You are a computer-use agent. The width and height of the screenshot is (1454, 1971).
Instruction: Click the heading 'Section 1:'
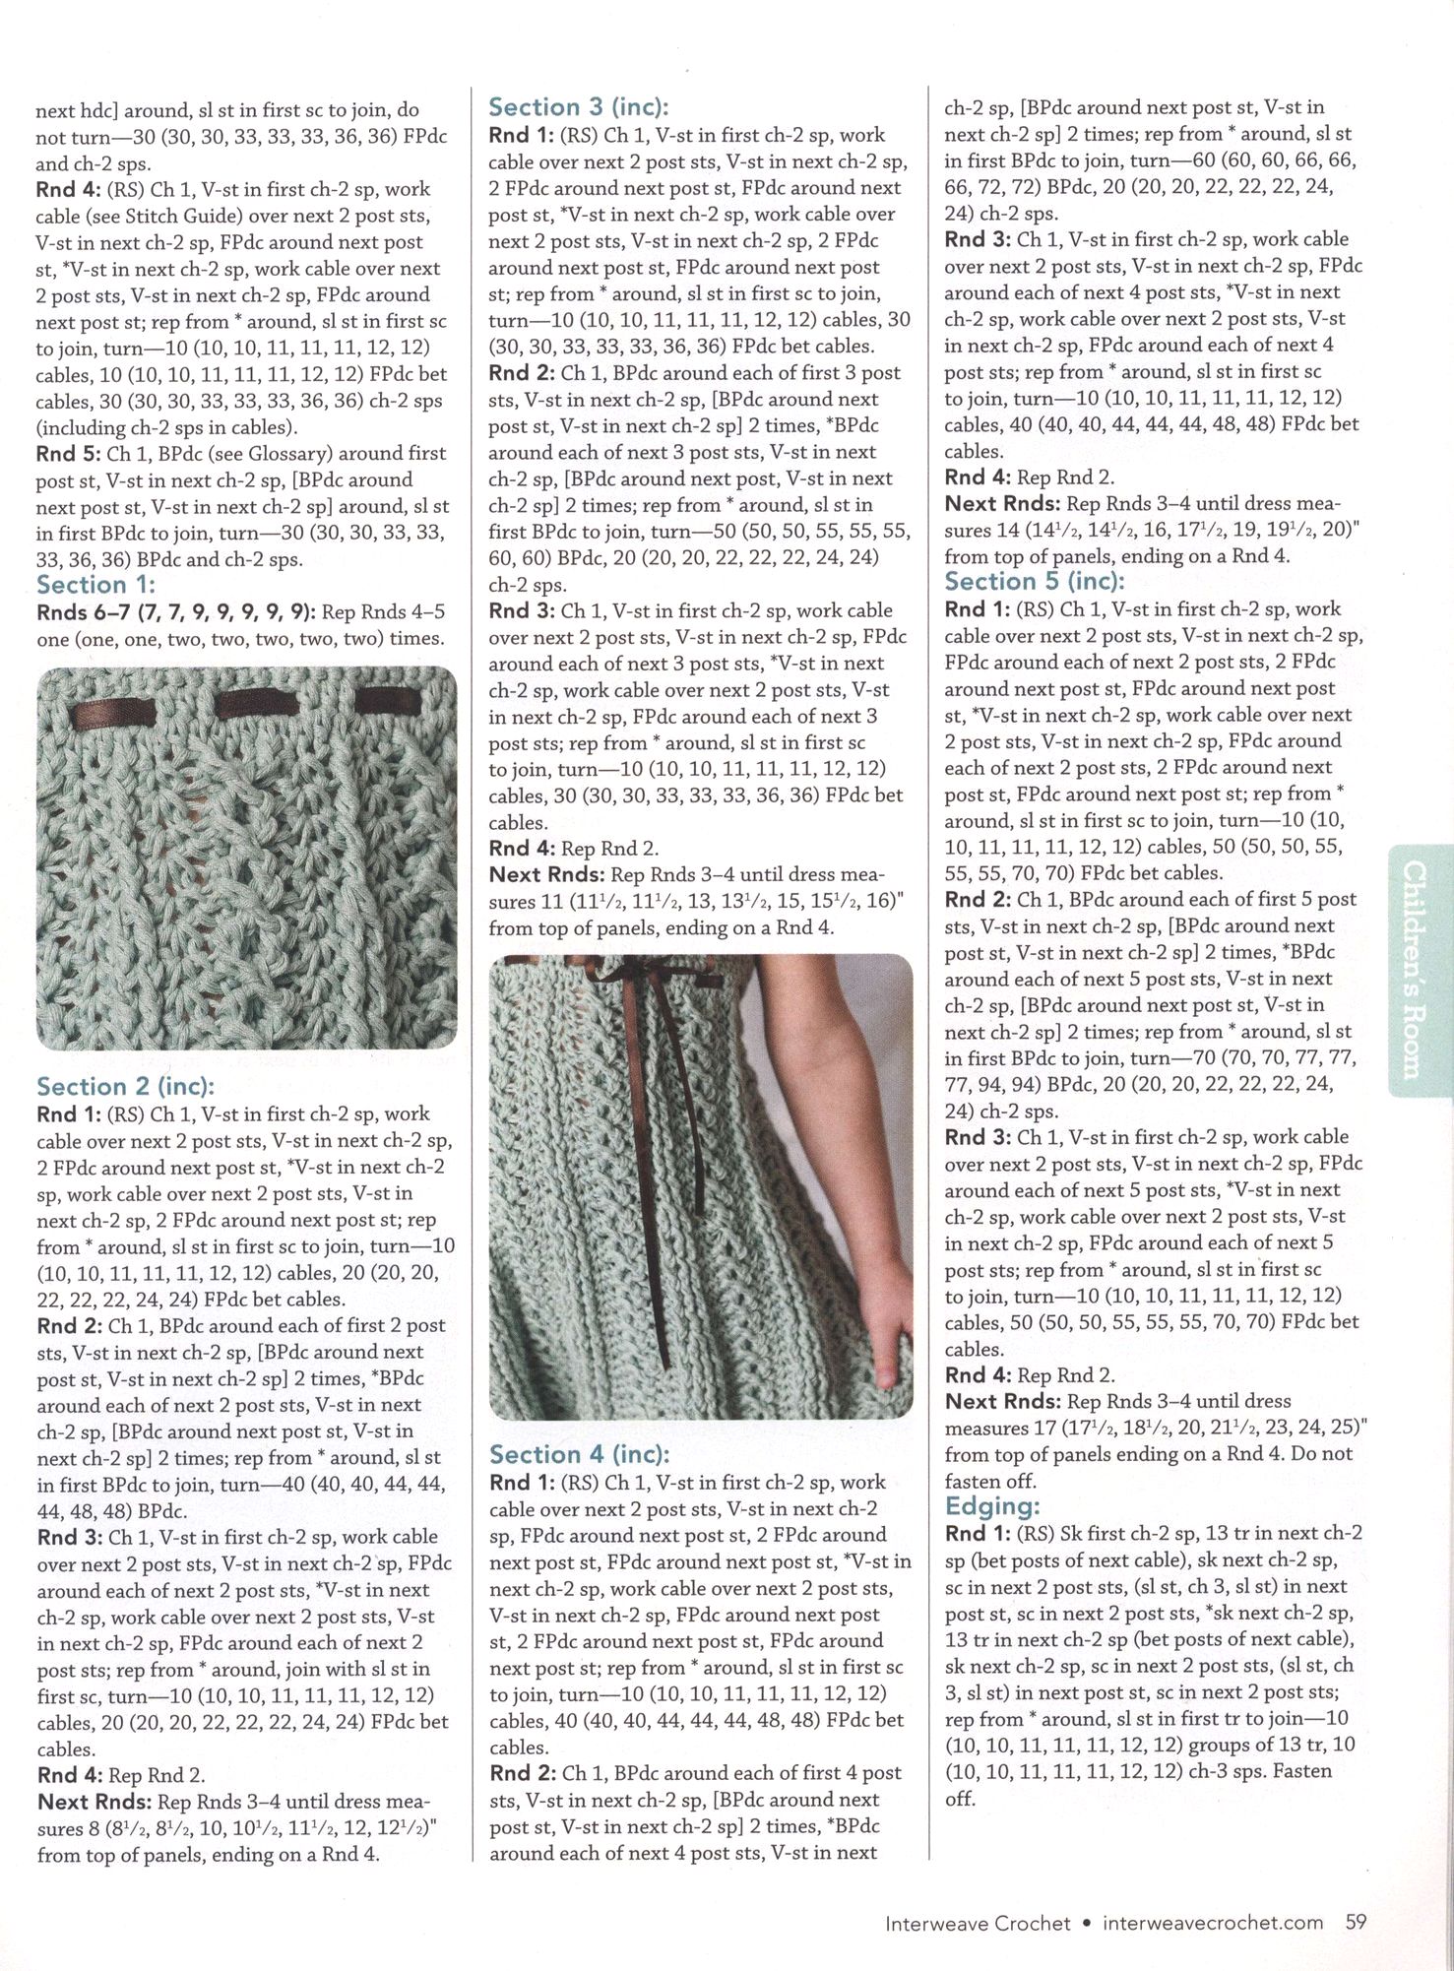[95, 585]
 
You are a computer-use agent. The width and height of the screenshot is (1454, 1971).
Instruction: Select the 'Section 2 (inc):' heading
[125, 1086]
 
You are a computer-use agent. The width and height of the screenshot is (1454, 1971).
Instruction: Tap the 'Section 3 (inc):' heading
[579, 107]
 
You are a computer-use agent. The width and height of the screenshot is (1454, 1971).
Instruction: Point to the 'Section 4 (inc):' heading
[580, 1454]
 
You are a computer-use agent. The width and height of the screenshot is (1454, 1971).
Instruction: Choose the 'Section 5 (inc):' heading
[1035, 581]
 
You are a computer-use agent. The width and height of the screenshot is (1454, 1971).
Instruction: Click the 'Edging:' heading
[992, 1505]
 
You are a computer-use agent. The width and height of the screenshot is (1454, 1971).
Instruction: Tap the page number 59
[1357, 1921]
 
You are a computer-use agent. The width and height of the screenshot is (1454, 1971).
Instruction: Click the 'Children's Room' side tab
[1415, 969]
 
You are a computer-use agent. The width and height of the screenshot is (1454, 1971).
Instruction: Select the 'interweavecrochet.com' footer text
[1213, 1922]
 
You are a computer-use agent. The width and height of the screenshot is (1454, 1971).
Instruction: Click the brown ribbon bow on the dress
[612, 985]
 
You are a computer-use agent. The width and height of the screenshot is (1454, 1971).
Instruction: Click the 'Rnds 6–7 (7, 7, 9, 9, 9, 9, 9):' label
[176, 612]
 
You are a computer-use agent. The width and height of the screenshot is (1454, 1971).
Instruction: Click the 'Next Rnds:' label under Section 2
[95, 1802]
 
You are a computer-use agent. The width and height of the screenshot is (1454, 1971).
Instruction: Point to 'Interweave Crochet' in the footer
[978, 1922]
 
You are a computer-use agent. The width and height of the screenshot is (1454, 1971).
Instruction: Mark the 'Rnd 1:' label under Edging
[978, 1533]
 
